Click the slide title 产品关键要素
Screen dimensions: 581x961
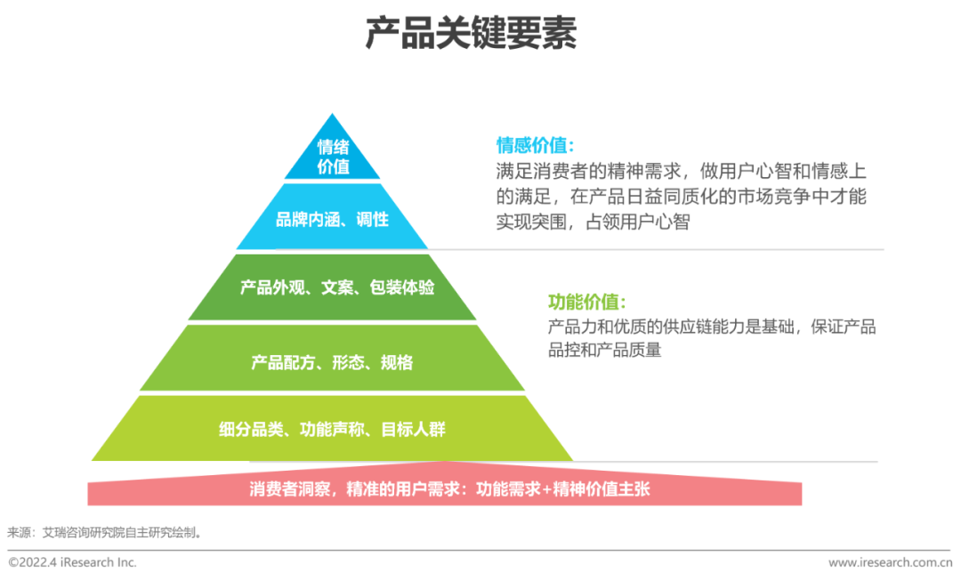tap(471, 33)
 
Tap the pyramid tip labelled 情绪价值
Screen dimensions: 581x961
tap(333, 157)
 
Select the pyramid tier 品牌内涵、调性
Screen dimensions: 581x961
tap(332, 218)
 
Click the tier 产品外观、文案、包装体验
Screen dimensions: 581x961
tap(332, 288)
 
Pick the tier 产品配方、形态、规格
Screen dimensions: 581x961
tap(332, 362)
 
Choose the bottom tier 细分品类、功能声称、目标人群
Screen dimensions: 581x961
tap(332, 430)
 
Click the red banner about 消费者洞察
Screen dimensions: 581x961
tap(445, 489)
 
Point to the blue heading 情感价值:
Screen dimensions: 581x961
tap(535, 145)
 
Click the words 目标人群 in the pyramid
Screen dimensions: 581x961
tap(414, 430)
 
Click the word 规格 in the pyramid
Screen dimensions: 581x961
tap(397, 362)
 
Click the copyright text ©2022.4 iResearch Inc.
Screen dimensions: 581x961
tap(73, 562)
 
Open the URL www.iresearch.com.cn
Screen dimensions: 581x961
tap(890, 562)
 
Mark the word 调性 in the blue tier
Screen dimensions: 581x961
tap(372, 218)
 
